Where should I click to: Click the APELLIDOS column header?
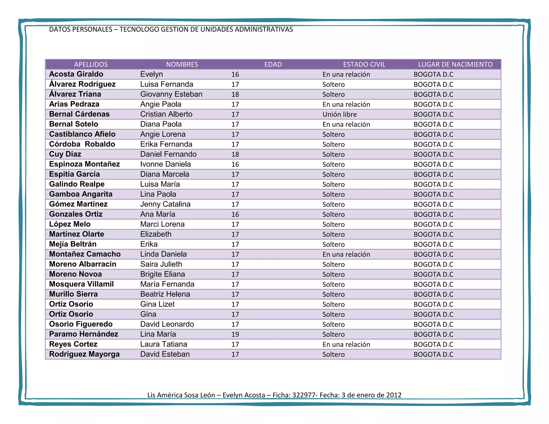[91, 64]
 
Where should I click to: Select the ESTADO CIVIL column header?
[364, 64]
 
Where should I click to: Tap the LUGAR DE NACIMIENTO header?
[455, 64]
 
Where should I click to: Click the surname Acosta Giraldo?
[76, 74]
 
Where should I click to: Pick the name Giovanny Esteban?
[171, 94]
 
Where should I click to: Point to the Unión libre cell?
[339, 114]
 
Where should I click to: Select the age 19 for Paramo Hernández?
[235, 334]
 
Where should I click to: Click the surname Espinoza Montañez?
[84, 164]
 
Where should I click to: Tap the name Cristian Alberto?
[166, 114]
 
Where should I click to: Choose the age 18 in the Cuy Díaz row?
[235, 154]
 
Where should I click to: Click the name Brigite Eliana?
[162, 274]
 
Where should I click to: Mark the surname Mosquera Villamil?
[81, 284]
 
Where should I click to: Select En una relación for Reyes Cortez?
[346, 344]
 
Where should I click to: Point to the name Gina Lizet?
[157, 304]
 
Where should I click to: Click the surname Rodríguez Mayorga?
[84, 354]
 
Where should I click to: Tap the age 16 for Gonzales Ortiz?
[235, 214]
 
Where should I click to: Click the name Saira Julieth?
[161, 264]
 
